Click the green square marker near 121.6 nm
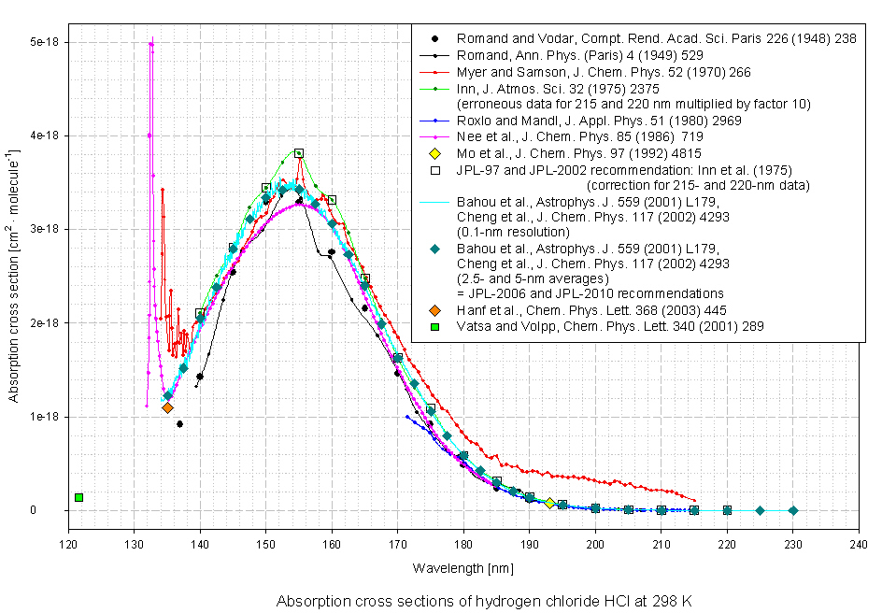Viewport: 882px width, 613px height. point(79,497)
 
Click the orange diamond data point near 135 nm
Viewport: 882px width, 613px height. point(167,407)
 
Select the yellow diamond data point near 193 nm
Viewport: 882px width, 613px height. point(549,503)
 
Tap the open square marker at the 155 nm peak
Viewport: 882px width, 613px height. point(299,153)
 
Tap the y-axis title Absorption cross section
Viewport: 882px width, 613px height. point(16,277)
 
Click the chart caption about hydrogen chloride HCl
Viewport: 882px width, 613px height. point(483,601)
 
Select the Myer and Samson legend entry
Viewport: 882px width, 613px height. point(604,71)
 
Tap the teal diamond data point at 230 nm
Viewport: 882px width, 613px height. point(793,510)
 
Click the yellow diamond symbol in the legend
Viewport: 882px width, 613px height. point(434,153)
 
